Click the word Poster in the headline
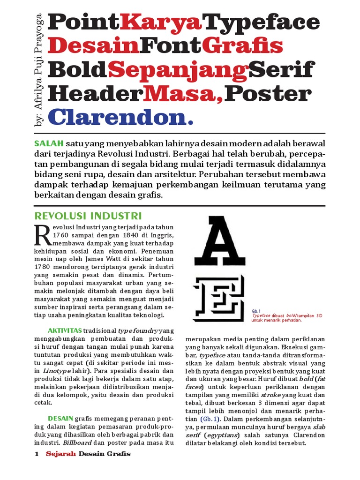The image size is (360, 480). point(268,93)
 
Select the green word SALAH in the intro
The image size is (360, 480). point(49,142)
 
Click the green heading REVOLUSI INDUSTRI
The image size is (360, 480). point(89,216)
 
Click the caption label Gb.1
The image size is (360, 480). point(256,311)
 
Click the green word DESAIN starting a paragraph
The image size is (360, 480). point(60,418)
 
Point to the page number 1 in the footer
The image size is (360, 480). point(37,454)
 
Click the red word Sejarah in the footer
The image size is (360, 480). point(60,454)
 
